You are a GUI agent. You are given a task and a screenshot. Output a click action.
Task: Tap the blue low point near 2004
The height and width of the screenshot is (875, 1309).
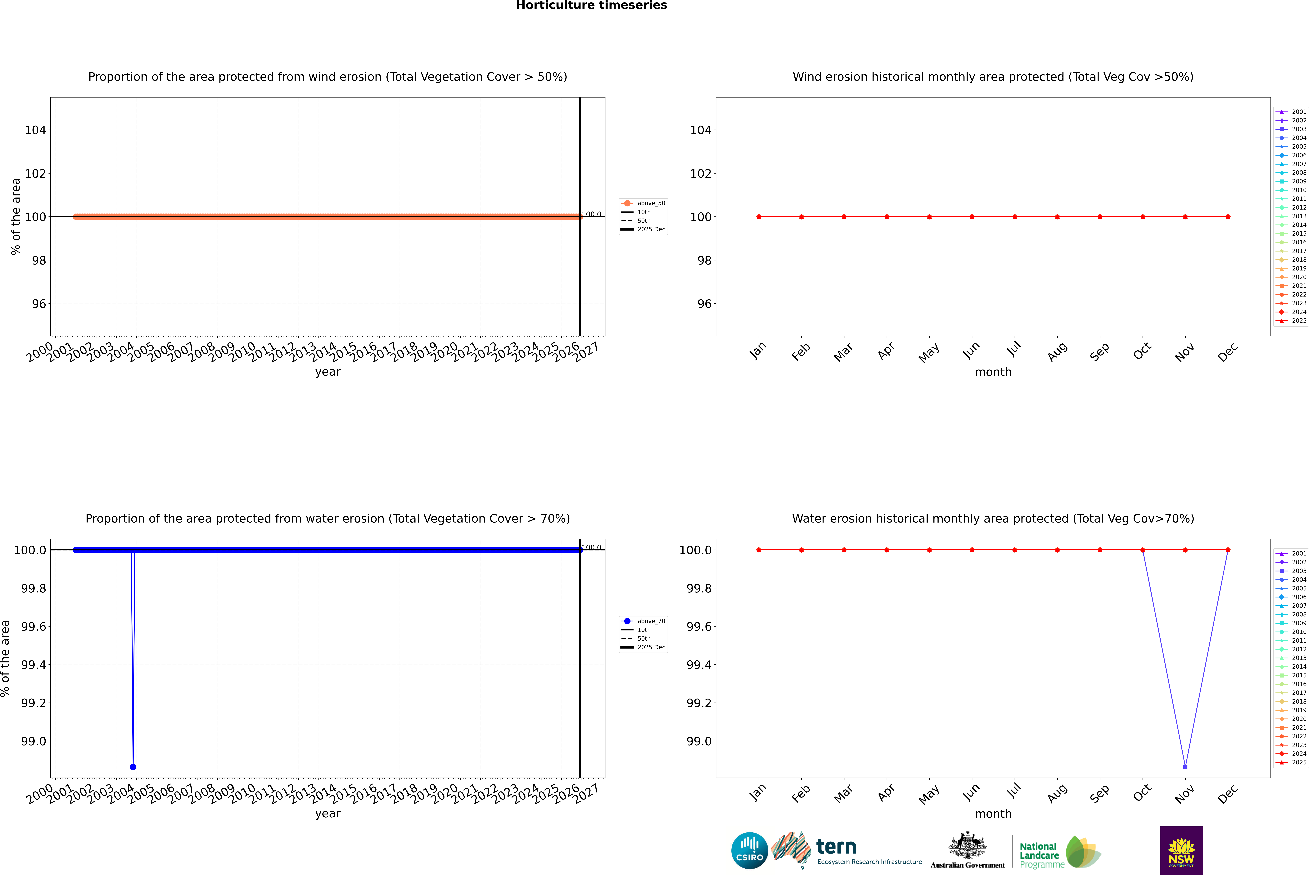pos(133,767)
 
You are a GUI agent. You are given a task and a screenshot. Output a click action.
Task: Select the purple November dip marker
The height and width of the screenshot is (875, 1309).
pos(1185,767)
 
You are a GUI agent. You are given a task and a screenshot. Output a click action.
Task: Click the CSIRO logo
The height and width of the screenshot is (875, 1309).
pos(749,850)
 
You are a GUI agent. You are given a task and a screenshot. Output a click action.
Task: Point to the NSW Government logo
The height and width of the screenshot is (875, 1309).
pos(1181,850)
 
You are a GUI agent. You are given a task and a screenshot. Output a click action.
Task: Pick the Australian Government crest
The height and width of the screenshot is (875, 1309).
pos(968,845)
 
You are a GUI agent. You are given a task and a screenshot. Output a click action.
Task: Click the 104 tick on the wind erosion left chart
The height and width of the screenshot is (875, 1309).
pos(35,130)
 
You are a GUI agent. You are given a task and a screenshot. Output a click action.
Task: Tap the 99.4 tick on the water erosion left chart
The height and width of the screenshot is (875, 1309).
pos(34,665)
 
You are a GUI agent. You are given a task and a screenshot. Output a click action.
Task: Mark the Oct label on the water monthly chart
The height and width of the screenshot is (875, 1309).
pos(1142,792)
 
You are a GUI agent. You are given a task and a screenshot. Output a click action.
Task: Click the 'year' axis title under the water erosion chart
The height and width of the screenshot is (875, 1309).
pos(327,814)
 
